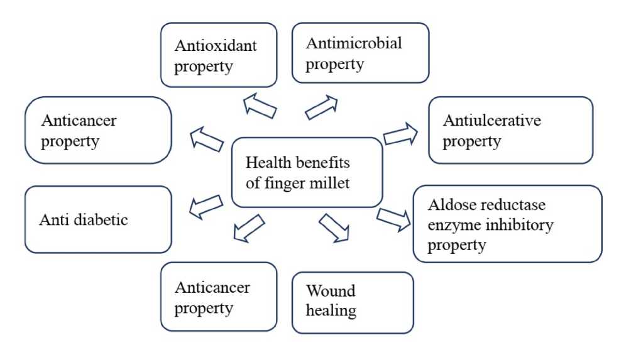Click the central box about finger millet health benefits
coord(307,173)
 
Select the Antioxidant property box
coord(219,55)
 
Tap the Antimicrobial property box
coord(360,53)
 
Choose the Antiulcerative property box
coord(510,130)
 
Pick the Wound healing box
coord(353,302)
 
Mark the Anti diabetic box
coord(98,219)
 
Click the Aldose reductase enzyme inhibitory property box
coord(507,223)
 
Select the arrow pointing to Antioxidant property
coord(260,106)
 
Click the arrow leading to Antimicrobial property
coord(321,107)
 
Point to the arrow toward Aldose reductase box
coord(394,217)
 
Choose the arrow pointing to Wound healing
coord(334,227)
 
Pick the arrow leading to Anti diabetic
coord(206,206)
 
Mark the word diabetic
coord(105,220)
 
